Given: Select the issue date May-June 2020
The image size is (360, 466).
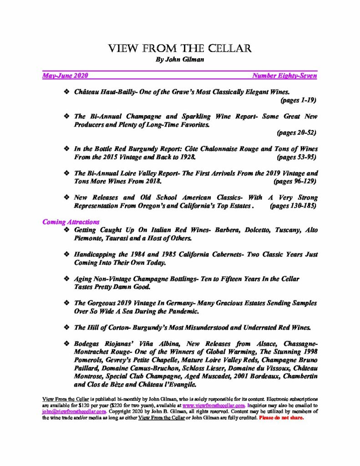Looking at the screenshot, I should tap(65, 76).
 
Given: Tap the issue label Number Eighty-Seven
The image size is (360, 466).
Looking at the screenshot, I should tap(284, 76).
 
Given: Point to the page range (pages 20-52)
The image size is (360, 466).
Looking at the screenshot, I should tap(296, 132).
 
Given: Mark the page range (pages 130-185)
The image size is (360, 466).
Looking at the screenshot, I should tap(294, 206).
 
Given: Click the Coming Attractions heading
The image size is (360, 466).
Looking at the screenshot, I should tap(71, 222).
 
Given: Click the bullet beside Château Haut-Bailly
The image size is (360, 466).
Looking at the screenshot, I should tap(67, 92).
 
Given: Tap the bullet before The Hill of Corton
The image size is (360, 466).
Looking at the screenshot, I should tap(67, 327).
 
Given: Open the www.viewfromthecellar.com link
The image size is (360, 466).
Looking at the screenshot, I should tap(214, 405).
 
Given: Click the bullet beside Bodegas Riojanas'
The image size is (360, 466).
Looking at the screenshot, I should tap(67, 344).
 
